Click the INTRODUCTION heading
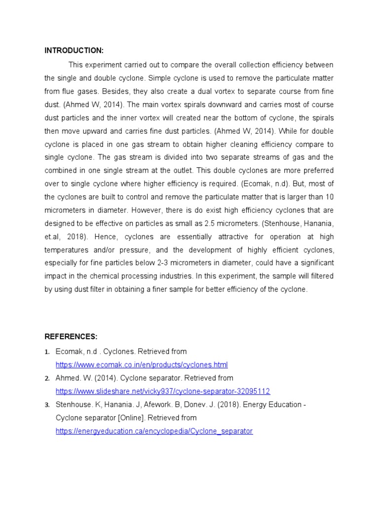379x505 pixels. [x=74, y=50]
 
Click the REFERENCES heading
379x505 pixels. [x=71, y=336]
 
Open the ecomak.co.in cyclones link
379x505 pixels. [x=142, y=365]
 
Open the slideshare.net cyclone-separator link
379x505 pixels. [x=163, y=391]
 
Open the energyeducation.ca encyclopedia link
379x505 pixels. [x=154, y=431]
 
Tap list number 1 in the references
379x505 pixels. [x=47, y=352]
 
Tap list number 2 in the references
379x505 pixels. [x=47, y=378]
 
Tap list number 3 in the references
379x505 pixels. [x=47, y=405]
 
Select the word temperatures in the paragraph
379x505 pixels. [x=68, y=249]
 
